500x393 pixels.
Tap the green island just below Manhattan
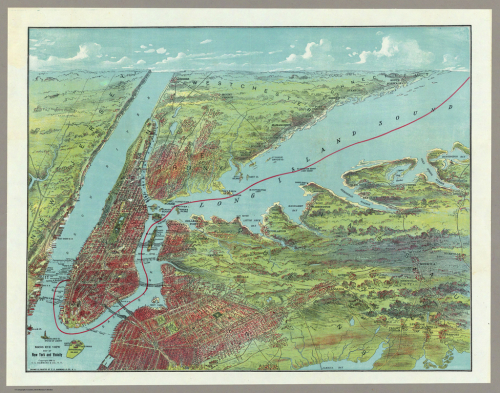pyautogui.click(x=74, y=349)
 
